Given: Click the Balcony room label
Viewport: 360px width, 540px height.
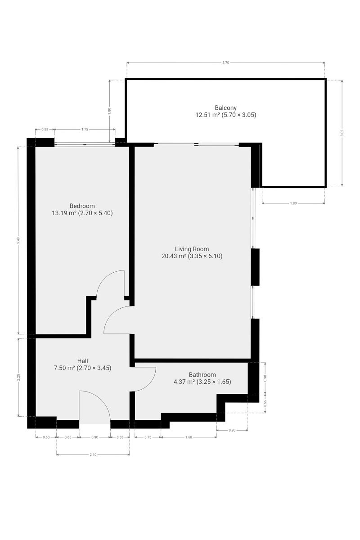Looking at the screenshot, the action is point(225,108).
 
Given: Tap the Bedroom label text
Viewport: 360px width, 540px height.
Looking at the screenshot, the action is point(82,206).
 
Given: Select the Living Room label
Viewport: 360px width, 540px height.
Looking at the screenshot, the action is point(192,249).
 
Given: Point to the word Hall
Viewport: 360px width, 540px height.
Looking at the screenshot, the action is point(82,361).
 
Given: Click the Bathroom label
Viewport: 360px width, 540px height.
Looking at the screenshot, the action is point(202,374).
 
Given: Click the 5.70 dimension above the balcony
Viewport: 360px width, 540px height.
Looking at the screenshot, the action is point(225,63).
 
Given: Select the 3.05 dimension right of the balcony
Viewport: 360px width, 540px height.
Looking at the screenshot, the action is point(342,133).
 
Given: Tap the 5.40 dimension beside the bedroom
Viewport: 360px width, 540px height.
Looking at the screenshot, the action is point(18,240).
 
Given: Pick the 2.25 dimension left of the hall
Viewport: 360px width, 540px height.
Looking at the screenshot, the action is point(18,377).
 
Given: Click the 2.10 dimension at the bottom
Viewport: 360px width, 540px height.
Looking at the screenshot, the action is point(93,454).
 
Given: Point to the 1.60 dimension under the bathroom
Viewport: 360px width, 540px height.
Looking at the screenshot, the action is point(189,437).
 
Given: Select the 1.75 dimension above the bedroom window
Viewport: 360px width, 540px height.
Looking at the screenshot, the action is point(85,130).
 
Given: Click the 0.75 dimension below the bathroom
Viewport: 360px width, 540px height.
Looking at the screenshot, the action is point(148,437).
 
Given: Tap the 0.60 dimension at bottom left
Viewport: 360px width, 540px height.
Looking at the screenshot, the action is point(46,437).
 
